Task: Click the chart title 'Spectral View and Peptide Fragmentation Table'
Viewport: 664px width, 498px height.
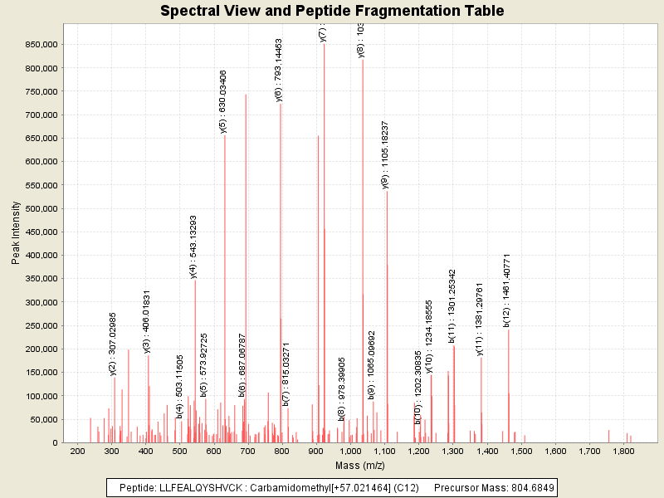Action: (x=332, y=11)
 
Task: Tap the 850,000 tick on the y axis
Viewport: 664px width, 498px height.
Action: (x=37, y=44)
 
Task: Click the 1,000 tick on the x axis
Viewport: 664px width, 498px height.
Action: (x=350, y=452)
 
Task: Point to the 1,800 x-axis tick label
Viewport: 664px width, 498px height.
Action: (x=623, y=452)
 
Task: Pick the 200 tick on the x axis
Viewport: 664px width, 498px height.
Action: (x=78, y=452)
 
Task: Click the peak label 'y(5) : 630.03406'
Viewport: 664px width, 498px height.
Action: (x=222, y=101)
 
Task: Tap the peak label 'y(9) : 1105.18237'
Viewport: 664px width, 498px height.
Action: (x=385, y=154)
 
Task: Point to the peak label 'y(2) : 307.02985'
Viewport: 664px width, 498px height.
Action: (x=113, y=344)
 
